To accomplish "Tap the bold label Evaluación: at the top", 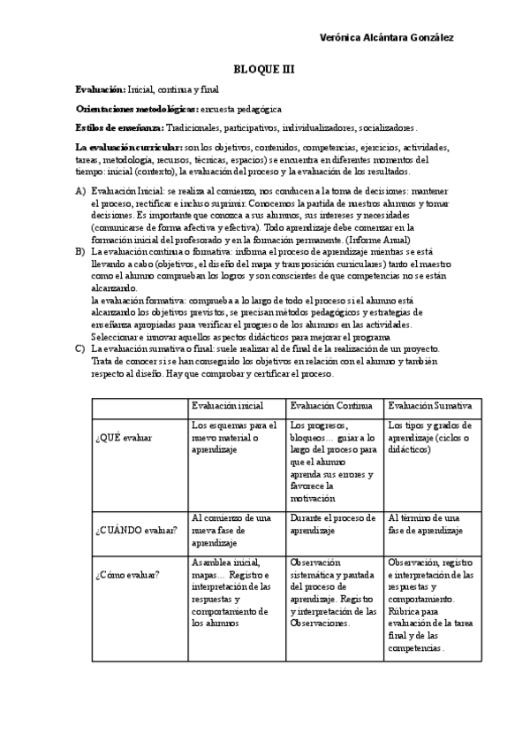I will [x=101, y=90].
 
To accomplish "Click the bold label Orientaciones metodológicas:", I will [x=137, y=109].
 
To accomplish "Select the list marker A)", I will [x=80, y=190].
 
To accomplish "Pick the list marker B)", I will [x=80, y=251].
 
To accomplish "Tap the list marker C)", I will [x=80, y=349].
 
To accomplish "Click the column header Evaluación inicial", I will [x=227, y=405].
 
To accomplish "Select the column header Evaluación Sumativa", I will [x=429, y=405].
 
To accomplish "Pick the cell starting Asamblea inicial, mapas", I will [x=231, y=592].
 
